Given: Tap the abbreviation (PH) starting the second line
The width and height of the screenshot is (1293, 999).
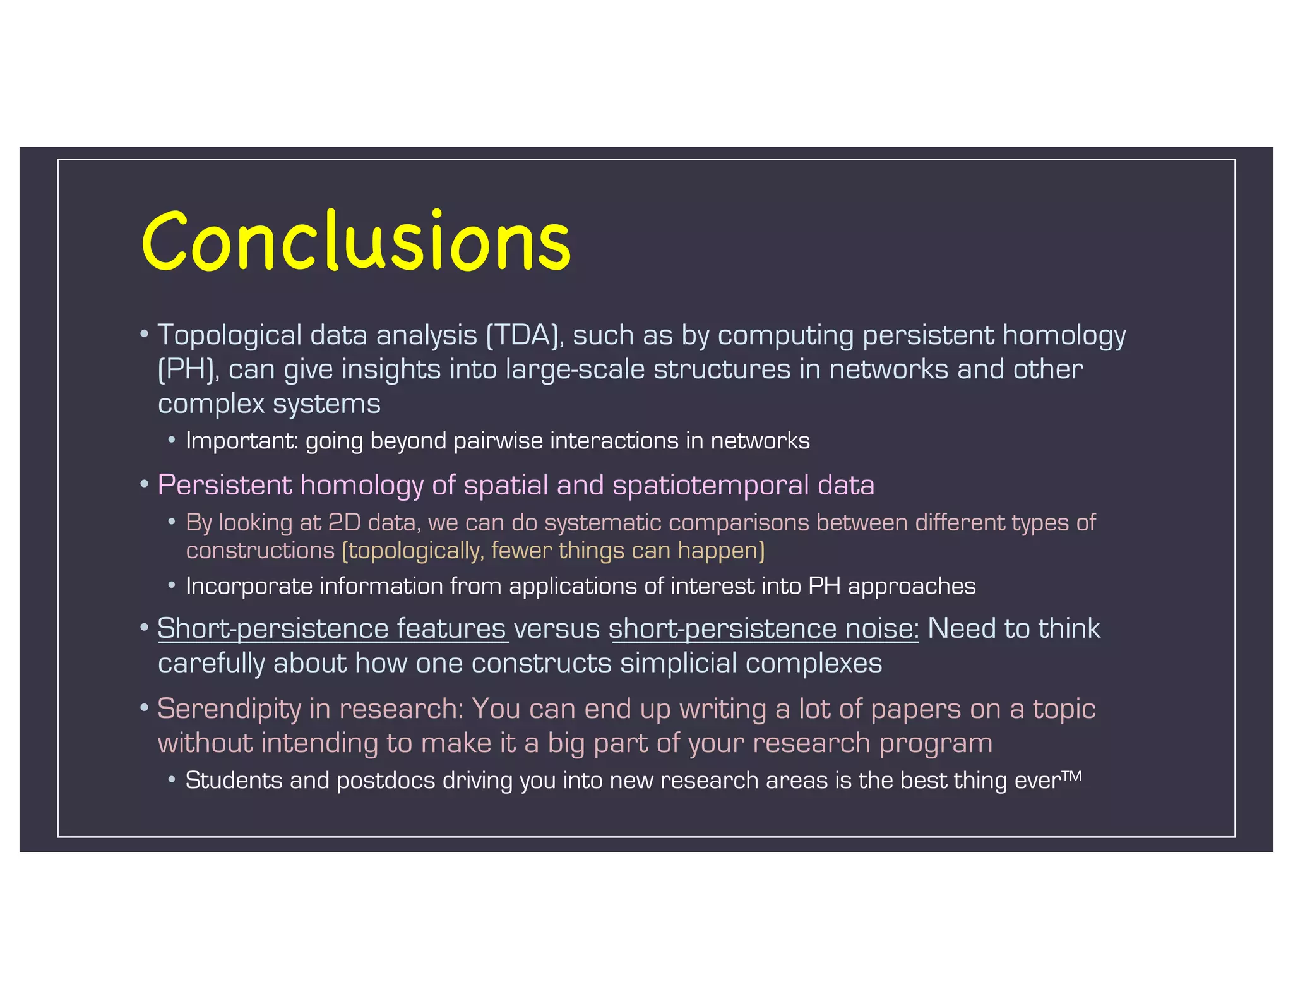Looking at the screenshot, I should pyautogui.click(x=188, y=369).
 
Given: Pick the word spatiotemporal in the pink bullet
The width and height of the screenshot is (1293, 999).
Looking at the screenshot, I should pyautogui.click(x=710, y=486).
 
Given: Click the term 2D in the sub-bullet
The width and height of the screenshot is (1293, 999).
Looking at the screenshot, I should pyautogui.click(x=344, y=523).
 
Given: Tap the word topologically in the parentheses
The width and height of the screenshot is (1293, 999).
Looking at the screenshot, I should pyautogui.click(x=414, y=551).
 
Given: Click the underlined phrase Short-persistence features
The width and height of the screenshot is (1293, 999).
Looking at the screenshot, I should pyautogui.click(x=332, y=629).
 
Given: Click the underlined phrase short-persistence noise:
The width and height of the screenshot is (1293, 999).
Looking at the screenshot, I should pyautogui.click(x=764, y=629).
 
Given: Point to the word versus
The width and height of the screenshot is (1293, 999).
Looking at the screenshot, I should pyautogui.click(x=557, y=630).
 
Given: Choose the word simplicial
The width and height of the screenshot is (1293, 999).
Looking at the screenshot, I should pyautogui.click(x=678, y=664).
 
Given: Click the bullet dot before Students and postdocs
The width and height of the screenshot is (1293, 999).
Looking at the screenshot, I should pyautogui.click(x=172, y=781).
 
